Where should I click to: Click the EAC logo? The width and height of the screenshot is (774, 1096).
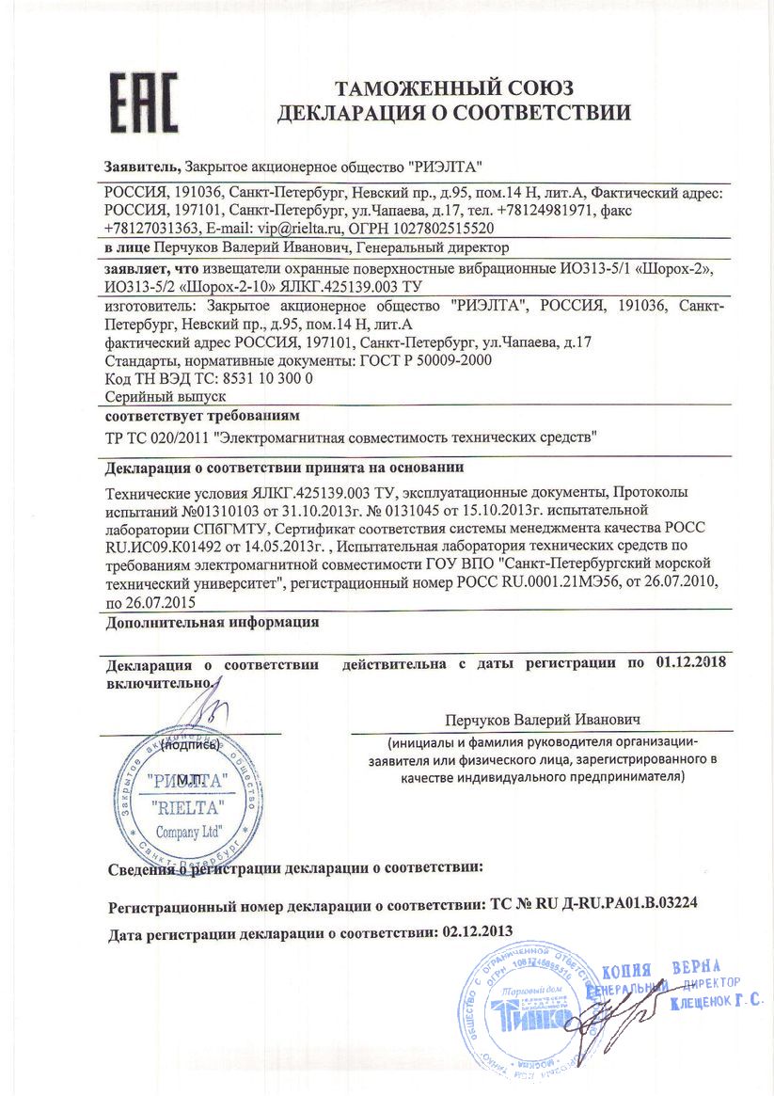[x=143, y=102]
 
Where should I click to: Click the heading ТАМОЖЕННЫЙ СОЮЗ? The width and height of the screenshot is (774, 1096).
[x=453, y=90]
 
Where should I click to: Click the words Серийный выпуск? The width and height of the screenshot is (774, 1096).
[x=152, y=397]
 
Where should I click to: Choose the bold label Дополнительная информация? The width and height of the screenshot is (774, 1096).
[x=212, y=622]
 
